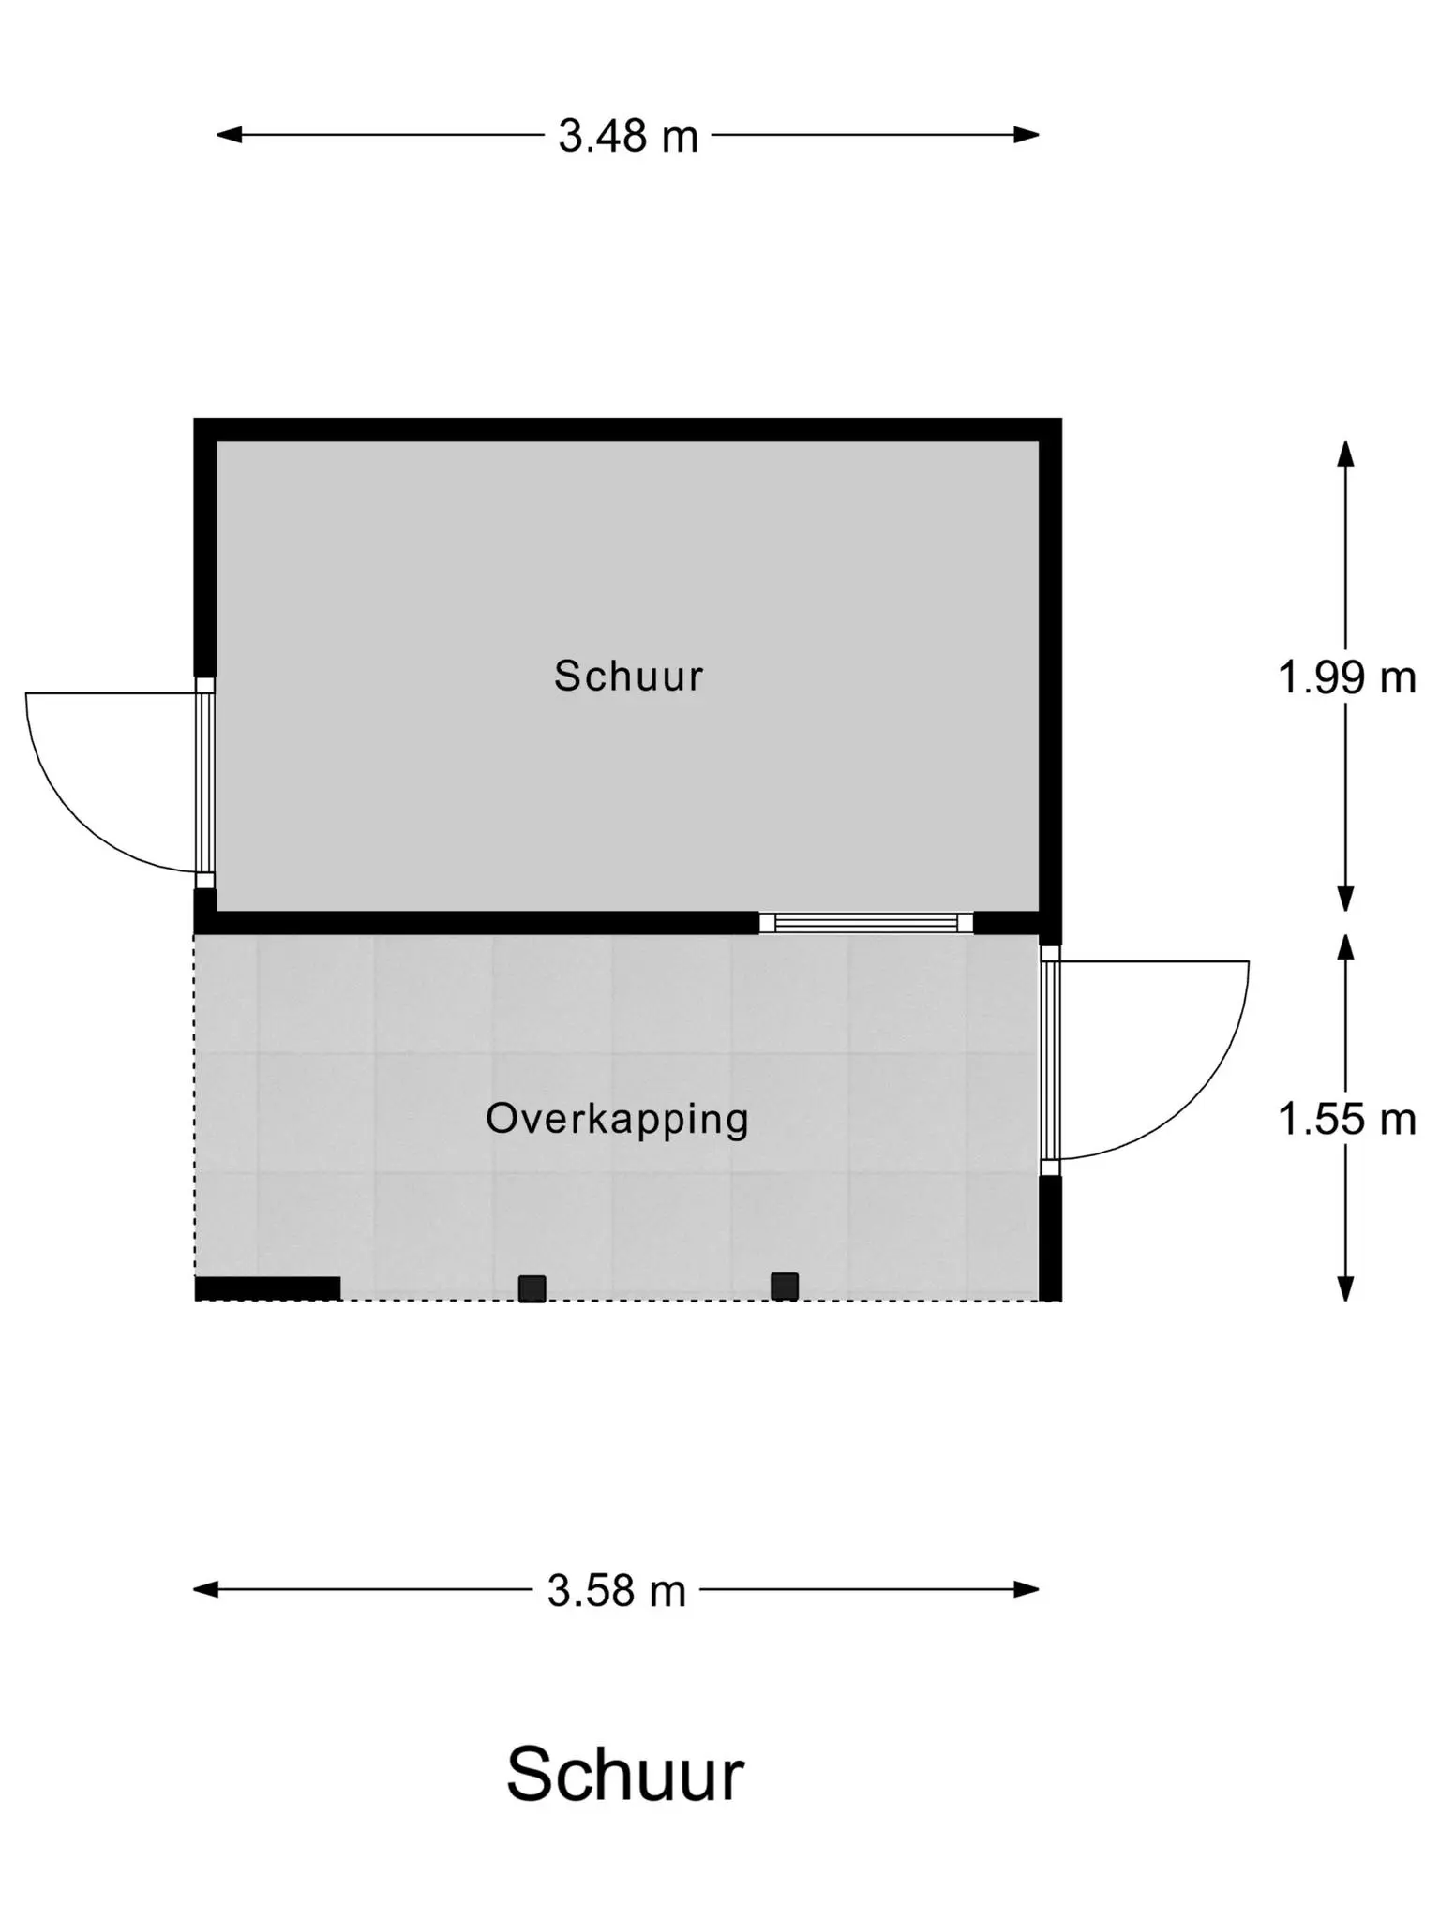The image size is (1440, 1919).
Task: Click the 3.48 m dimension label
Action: [x=628, y=136]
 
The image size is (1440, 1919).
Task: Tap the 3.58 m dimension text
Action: [x=617, y=1590]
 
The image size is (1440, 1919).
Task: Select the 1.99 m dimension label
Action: [x=1346, y=677]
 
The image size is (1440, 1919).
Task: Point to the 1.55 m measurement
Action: [x=1346, y=1119]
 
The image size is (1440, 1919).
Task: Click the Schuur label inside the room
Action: [x=628, y=676]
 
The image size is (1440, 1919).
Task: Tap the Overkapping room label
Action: [x=617, y=1120]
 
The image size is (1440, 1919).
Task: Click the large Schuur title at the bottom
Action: [x=625, y=1775]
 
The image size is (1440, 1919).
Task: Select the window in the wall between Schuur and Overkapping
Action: [x=866, y=923]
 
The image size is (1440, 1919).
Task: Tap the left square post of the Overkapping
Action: [x=532, y=1288]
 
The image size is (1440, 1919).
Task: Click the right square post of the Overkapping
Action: [x=785, y=1287]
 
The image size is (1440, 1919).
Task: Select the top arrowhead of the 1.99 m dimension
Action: [x=1346, y=454]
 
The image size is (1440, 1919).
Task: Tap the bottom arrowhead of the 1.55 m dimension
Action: [x=1346, y=1288]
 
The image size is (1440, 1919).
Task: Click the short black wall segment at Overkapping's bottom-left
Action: [x=267, y=1288]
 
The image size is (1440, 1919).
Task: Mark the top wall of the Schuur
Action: [x=628, y=430]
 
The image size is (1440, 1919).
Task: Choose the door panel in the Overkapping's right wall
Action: [x=1050, y=1060]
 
